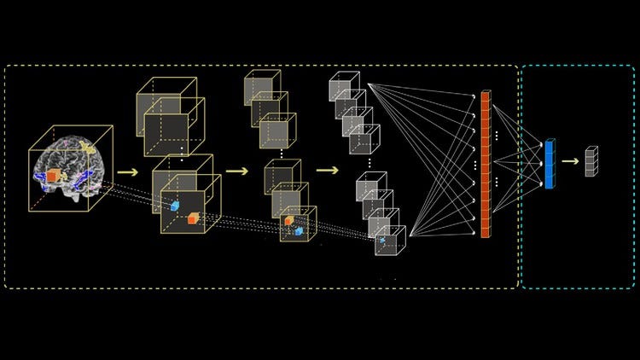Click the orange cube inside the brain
[53, 175]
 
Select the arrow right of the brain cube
[128, 171]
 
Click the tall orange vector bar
[486, 164]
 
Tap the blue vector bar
[549, 164]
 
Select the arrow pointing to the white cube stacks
[326, 169]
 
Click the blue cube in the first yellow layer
[175, 206]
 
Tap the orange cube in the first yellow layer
[193, 220]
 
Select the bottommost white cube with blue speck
[391, 241]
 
